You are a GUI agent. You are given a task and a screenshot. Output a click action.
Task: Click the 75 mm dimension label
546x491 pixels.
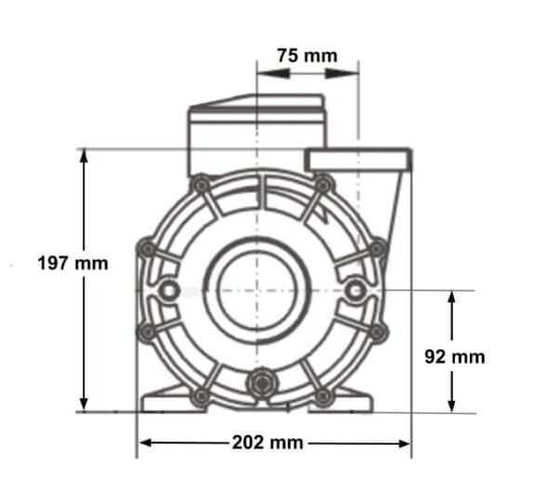click(x=306, y=55)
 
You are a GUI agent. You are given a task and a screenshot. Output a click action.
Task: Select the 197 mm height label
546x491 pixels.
click(x=72, y=264)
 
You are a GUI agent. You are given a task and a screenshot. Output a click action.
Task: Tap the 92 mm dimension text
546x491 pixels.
click(x=454, y=355)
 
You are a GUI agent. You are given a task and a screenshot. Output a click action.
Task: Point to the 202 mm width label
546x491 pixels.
click(x=274, y=443)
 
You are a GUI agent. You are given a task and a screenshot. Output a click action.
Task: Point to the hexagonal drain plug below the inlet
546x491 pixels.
click(x=261, y=382)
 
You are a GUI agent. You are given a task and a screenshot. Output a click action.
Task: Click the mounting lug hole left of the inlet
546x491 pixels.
click(x=169, y=291)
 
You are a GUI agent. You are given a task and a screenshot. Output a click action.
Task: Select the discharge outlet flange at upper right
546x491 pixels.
click(x=357, y=160)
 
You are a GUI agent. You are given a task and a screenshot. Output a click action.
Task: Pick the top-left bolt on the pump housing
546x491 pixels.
click(x=199, y=185)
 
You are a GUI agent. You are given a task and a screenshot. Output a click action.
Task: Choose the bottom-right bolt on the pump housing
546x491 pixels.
click(x=322, y=396)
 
